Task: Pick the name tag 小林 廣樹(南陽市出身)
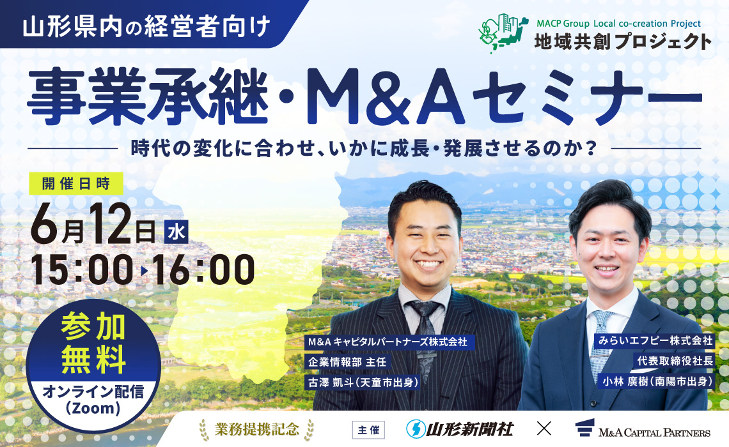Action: click(x=655, y=381)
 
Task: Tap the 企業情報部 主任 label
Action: click(x=346, y=361)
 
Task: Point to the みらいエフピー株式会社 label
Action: click(x=652, y=341)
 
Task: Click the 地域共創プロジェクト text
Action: click(x=623, y=42)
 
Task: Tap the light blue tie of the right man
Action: click(x=602, y=338)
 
